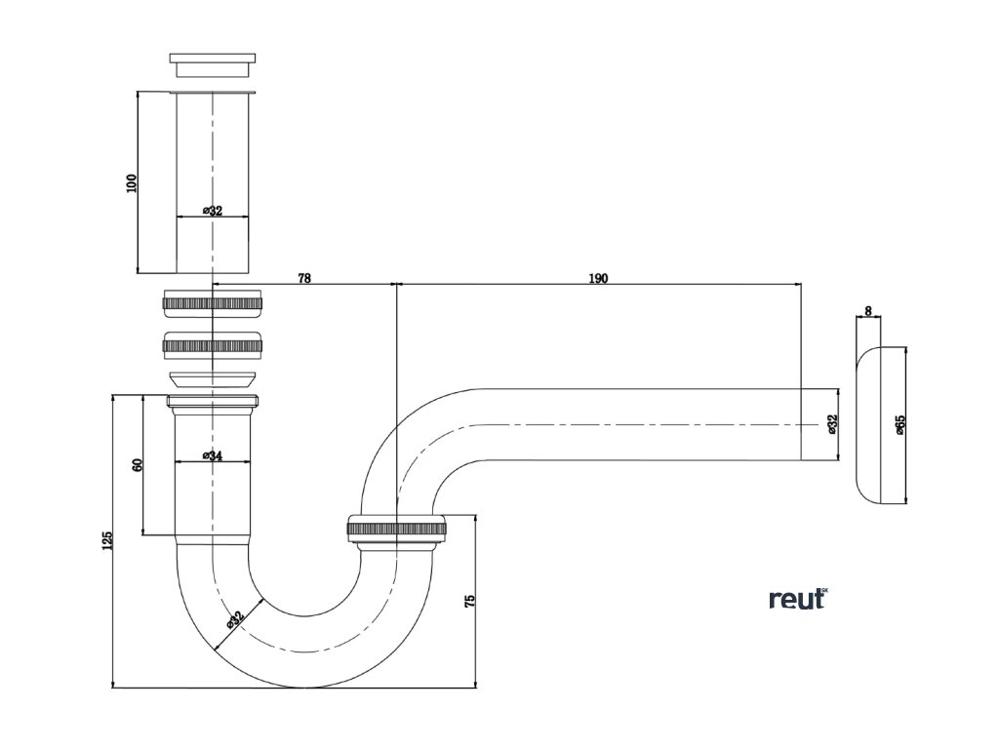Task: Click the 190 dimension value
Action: tap(598, 278)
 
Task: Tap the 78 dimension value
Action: tap(304, 278)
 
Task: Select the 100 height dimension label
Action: tap(132, 183)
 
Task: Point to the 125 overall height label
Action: tap(107, 540)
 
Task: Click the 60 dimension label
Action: tap(138, 464)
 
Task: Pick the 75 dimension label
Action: tap(470, 601)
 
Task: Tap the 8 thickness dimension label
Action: tap(867, 311)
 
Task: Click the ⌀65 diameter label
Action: tap(899, 425)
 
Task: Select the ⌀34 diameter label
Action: tap(212, 454)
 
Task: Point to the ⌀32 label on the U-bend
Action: tap(234, 619)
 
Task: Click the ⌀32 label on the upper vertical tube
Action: tap(212, 211)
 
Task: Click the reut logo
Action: tap(799, 599)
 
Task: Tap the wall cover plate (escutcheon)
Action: tap(879, 425)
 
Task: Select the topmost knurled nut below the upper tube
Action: tap(212, 303)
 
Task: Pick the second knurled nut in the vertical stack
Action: tap(212, 344)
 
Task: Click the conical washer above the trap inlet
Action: tap(213, 380)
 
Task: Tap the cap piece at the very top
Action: tap(213, 65)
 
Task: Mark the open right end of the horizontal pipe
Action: tap(801, 424)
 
